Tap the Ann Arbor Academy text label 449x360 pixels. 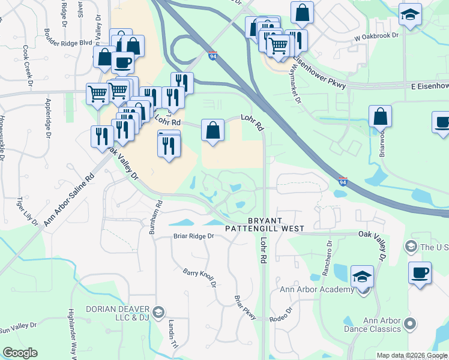318,290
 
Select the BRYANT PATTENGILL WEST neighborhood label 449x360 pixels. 265,224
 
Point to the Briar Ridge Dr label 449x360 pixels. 194,236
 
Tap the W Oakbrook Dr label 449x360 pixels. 376,36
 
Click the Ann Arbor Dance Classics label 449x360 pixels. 372,324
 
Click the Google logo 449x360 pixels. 20,353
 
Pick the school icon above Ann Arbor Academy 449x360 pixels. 363,277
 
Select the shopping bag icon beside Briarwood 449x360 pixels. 381,116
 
